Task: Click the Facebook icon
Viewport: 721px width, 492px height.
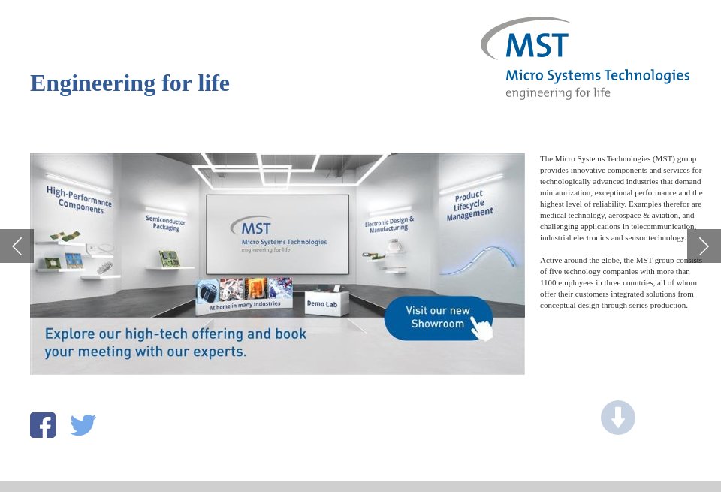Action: (x=43, y=425)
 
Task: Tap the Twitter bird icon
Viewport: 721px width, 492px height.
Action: (x=83, y=425)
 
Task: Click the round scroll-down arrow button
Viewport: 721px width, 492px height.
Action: (x=617, y=418)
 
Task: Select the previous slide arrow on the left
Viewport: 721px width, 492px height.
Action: (x=17, y=246)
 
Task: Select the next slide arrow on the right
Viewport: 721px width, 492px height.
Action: (x=704, y=246)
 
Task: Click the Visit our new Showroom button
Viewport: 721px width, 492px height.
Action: (x=438, y=317)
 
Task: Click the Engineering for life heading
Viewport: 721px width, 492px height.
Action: (x=130, y=83)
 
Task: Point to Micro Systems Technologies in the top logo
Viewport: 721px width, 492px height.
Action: (x=597, y=76)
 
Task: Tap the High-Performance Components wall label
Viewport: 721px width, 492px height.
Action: (x=79, y=198)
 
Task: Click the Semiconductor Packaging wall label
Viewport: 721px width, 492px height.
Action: (x=165, y=222)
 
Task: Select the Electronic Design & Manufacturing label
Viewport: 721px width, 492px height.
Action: (x=389, y=224)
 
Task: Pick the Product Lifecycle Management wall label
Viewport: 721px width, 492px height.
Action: (x=469, y=205)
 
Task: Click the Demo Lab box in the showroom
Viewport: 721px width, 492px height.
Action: (x=321, y=303)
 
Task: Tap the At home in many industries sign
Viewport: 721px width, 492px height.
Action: (x=244, y=305)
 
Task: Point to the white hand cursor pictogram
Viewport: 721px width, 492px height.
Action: (x=481, y=327)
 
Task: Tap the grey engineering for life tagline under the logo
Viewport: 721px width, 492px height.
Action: (x=557, y=93)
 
